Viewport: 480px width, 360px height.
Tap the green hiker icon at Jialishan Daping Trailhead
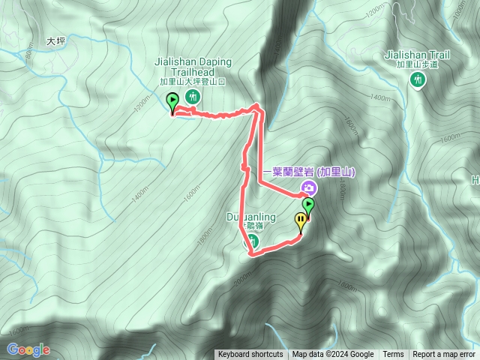tap(193, 96)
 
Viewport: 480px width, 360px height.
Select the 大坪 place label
tap(56, 42)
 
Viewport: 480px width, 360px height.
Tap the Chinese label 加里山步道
tap(417, 66)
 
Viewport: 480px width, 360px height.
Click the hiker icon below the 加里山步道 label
tap(418, 81)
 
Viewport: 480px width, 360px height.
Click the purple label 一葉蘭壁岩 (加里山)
tap(308, 172)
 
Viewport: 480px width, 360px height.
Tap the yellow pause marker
tap(301, 221)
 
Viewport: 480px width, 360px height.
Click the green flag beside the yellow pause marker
tap(308, 205)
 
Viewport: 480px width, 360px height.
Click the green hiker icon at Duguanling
tap(253, 241)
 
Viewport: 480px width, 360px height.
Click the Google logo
tap(28, 349)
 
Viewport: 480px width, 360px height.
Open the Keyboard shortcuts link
tap(250, 355)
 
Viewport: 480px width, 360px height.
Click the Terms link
tap(393, 355)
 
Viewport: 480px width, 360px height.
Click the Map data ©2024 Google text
tap(333, 355)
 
